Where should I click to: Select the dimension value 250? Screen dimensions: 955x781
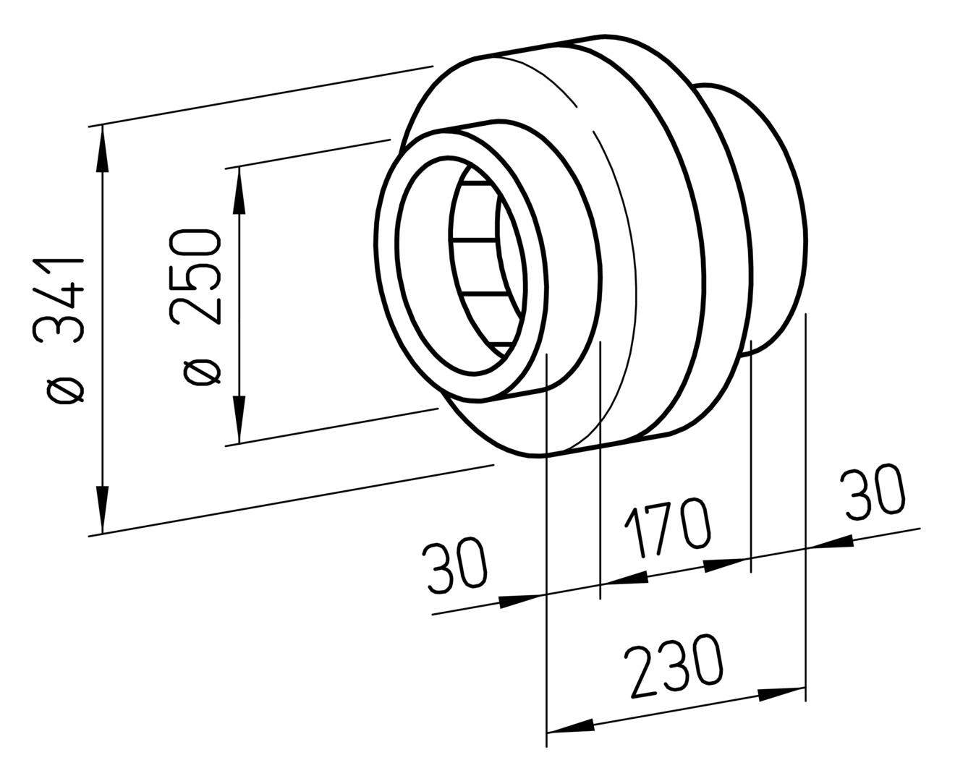coord(195,277)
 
